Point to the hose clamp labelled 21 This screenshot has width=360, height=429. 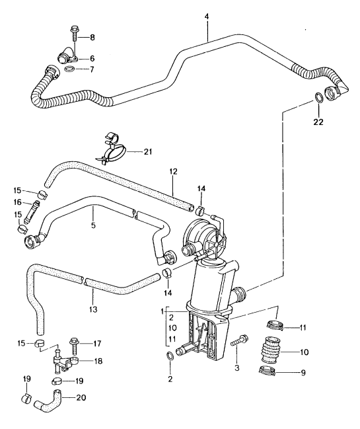116,149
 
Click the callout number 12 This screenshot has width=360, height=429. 172,172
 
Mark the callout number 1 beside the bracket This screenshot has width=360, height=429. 161,311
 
